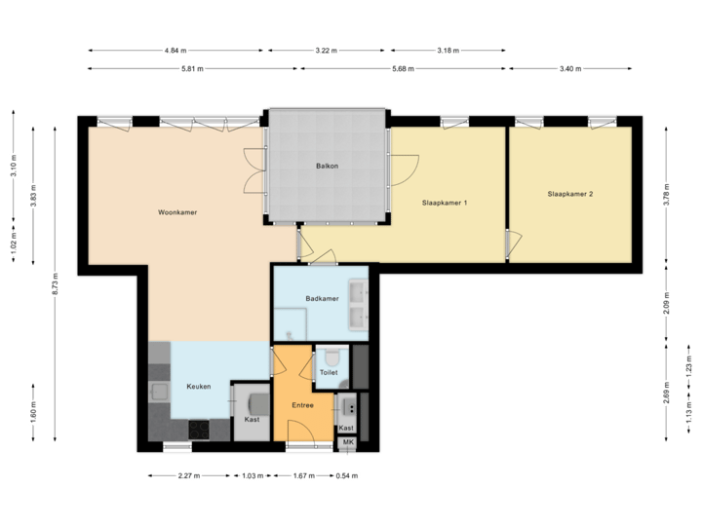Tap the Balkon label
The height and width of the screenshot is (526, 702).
coord(327,167)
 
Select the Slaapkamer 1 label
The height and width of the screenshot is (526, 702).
coord(446,204)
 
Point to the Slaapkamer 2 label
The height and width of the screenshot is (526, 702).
coord(570,194)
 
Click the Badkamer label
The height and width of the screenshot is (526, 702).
coord(322,299)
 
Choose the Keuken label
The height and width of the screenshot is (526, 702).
coord(199,387)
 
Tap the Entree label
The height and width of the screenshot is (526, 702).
coord(302,404)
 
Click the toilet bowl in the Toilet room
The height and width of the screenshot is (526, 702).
coord(331,357)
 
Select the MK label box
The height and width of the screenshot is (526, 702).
coord(347,443)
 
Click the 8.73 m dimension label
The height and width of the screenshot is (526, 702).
coord(56,284)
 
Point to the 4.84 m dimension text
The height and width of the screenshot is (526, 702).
coord(176,50)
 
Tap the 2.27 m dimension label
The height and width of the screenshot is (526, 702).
coord(188,476)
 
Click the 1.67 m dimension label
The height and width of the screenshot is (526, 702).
coord(304,476)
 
